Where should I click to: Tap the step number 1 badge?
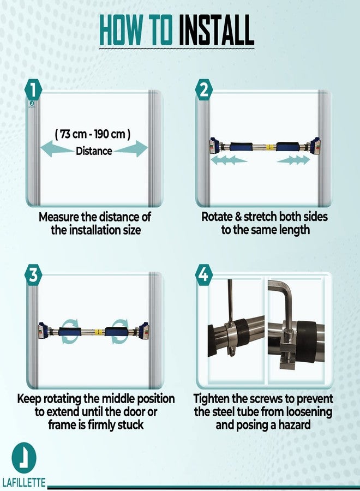[33, 89]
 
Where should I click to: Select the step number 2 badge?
[204, 89]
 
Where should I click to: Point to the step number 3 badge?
[33, 274]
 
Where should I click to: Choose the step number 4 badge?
[204, 274]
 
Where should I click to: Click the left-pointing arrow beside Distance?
[57, 148]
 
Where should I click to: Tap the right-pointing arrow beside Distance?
[131, 148]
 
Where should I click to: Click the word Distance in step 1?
[94, 151]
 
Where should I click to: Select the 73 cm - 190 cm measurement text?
[93, 134]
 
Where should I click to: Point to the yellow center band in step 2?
[268, 147]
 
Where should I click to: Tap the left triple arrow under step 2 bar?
[229, 160]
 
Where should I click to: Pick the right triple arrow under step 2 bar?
[293, 160]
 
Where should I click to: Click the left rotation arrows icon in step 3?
[70, 332]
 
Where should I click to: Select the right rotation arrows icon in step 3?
[120, 332]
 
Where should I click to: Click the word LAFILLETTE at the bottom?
[23, 482]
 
